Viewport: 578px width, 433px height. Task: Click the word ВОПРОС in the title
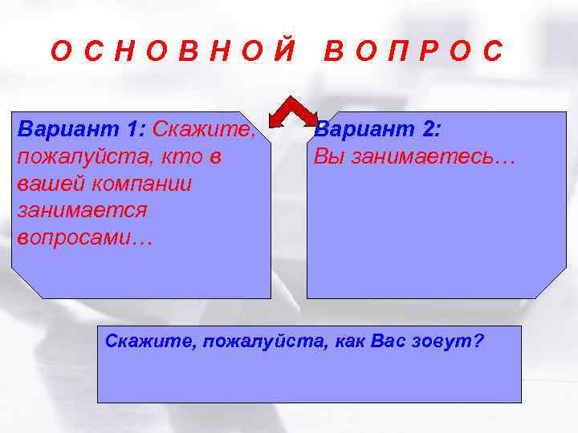click(x=413, y=51)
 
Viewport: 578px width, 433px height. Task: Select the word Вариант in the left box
click(x=68, y=129)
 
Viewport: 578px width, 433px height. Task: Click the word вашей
click(x=46, y=184)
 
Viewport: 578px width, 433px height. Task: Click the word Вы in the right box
click(x=325, y=156)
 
